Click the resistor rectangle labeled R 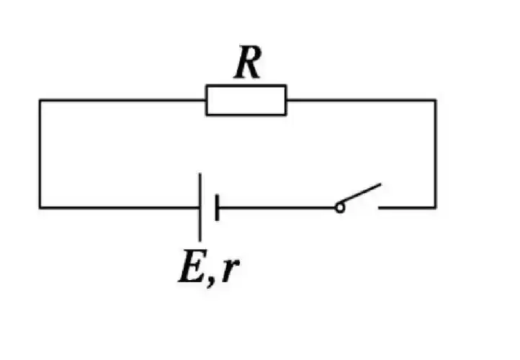coord(246,100)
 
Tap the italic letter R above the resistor coord(247,65)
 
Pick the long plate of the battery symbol coord(200,207)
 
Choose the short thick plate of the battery coord(216,208)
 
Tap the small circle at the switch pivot coord(339,208)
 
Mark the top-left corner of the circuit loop coord(40,100)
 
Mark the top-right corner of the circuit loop coord(435,100)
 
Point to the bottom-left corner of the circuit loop coord(40,208)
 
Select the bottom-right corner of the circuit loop coord(435,208)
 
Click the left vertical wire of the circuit coord(40,154)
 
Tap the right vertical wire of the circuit coord(435,154)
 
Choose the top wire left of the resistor coord(122,100)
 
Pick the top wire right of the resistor coord(360,100)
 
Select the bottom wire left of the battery coord(119,208)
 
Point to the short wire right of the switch coord(407,208)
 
